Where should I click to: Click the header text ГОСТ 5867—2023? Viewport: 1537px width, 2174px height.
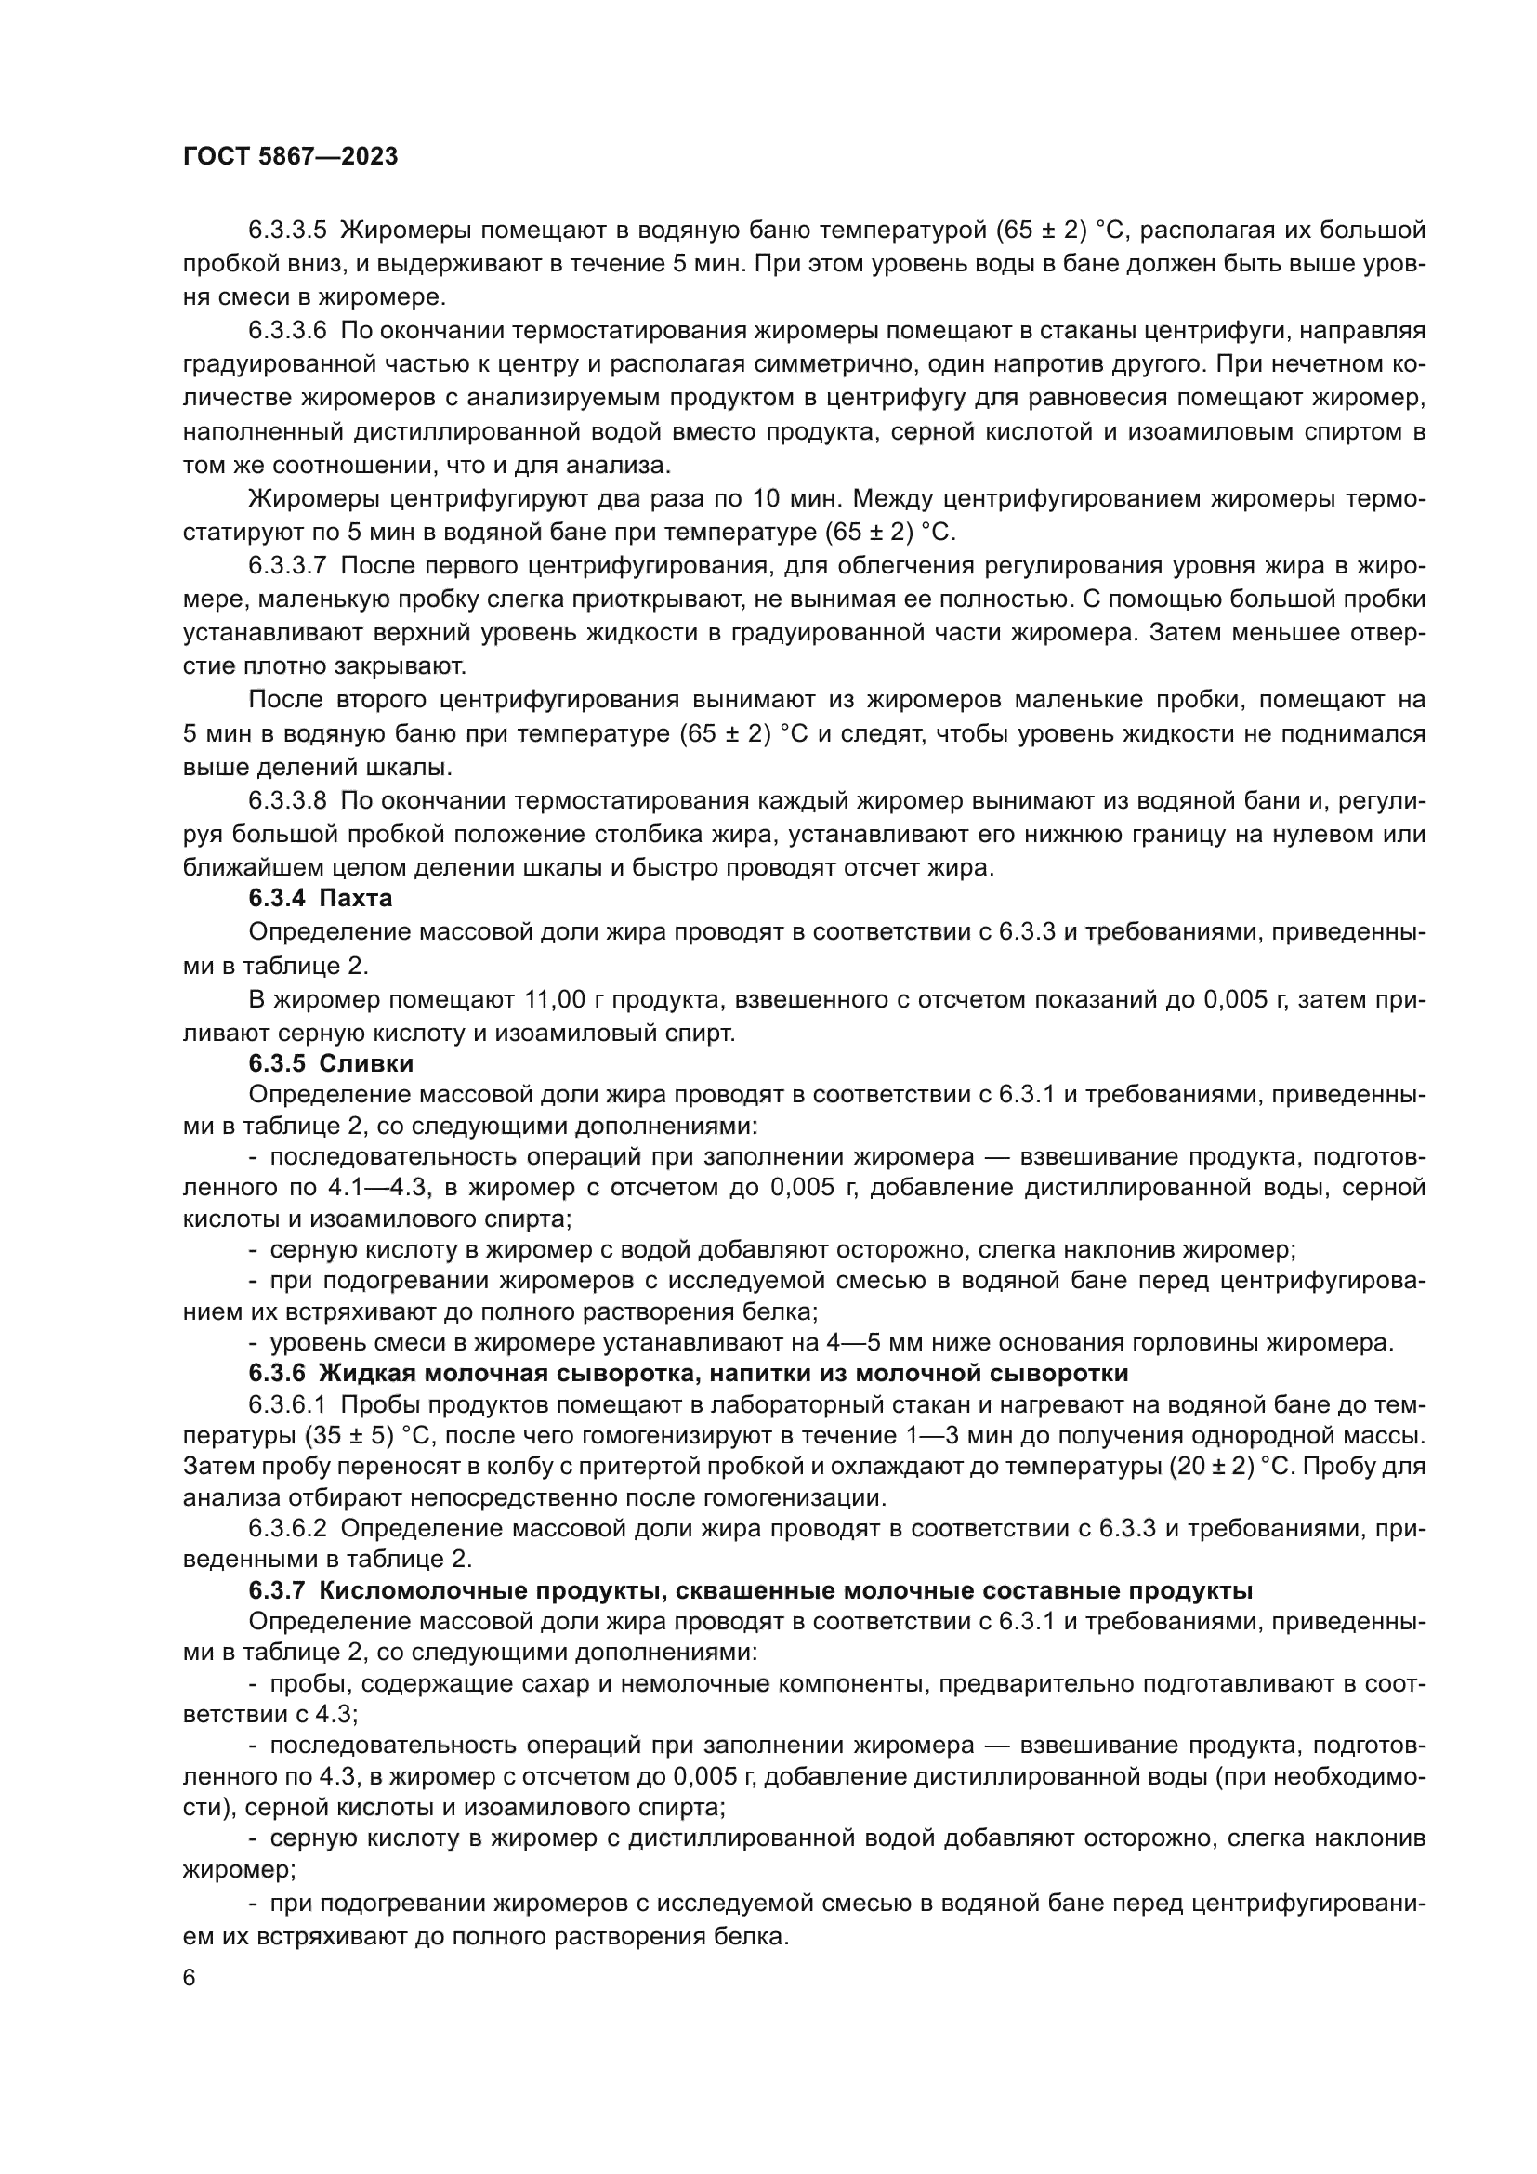[290, 157]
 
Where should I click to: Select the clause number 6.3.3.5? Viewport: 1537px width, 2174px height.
[288, 231]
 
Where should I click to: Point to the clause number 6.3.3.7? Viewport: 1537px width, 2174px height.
[288, 565]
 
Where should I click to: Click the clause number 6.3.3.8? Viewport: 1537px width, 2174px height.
[288, 800]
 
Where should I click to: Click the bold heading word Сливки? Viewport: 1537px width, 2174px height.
[366, 1063]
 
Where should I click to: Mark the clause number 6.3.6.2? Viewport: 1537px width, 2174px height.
[288, 1528]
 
